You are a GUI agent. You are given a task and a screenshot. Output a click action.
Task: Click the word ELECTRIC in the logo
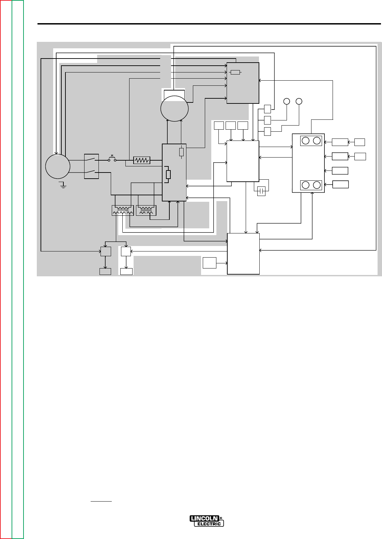tap(209, 524)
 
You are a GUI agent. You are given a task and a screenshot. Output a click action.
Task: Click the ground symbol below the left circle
tap(62, 185)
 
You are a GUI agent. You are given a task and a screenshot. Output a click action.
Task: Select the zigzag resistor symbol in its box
tap(142, 160)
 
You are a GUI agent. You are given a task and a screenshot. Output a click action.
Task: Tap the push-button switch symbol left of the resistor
tap(112, 159)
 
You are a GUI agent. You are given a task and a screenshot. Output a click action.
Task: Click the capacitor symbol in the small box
tap(261, 191)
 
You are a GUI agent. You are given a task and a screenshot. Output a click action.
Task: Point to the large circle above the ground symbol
tap(58, 166)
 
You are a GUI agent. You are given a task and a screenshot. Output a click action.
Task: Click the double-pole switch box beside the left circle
tap(91, 166)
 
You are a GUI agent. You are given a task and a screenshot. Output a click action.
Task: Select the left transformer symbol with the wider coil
tap(123, 211)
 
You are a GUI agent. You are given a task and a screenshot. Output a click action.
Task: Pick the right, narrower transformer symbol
tap(146, 211)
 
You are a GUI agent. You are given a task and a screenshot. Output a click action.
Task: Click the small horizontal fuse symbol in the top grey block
tap(235, 72)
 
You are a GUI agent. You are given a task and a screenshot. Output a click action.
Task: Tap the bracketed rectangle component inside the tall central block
tap(168, 174)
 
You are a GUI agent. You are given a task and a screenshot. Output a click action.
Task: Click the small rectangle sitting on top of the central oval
tap(174, 94)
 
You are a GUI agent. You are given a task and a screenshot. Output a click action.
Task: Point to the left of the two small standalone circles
tap(287, 101)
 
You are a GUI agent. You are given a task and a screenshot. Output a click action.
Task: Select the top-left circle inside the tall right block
tap(306, 140)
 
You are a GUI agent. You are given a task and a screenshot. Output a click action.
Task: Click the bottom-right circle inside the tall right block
tap(317, 185)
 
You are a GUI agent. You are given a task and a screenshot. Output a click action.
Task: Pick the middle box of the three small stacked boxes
tap(268, 120)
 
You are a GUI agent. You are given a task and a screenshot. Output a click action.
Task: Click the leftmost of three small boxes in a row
tap(219, 126)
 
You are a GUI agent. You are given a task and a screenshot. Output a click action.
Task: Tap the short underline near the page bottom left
tap(101, 501)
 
